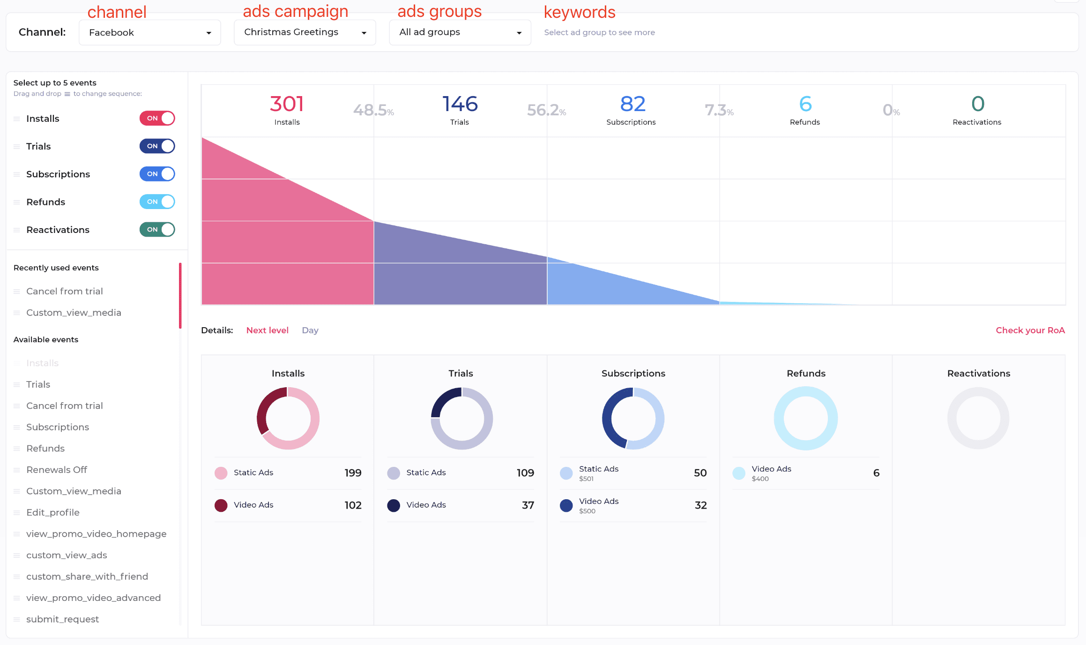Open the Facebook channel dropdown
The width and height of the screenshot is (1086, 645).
149,32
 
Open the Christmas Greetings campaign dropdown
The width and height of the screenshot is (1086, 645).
305,32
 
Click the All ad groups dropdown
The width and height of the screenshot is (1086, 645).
460,32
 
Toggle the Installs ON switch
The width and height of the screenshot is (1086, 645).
157,118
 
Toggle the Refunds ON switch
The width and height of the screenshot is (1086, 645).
157,202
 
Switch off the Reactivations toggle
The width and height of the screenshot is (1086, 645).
157,230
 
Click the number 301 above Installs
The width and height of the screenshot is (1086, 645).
287,104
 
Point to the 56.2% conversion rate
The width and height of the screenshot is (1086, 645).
546,110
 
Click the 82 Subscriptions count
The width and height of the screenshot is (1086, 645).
632,104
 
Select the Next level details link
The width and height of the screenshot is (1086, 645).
267,330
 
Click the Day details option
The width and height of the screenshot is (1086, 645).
310,330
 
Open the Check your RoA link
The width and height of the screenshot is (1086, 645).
1030,330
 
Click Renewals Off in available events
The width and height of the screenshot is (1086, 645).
57,470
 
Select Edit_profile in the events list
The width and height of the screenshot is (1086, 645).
53,512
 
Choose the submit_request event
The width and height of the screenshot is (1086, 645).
62,619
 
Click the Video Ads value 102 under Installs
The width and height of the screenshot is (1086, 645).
353,505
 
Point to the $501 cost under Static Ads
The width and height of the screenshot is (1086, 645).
586,479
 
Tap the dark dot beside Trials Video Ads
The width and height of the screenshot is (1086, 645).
394,505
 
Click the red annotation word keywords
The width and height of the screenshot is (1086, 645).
580,12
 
